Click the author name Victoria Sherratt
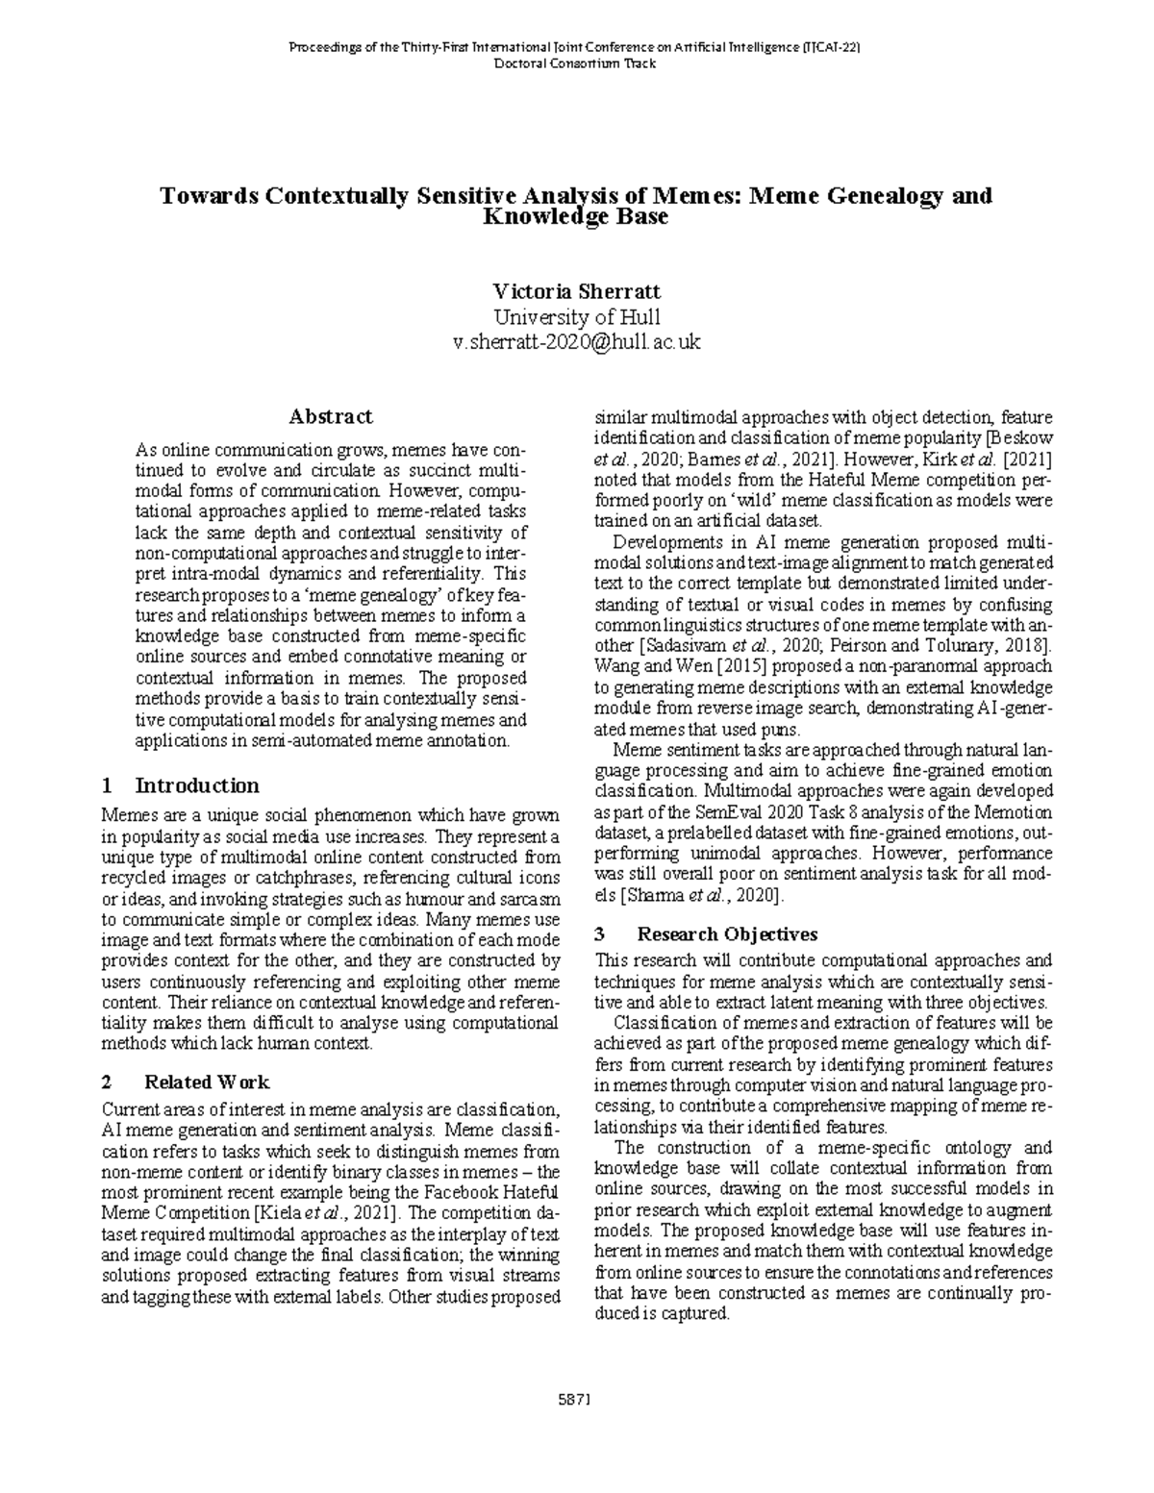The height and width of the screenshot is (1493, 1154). pyautogui.click(x=576, y=291)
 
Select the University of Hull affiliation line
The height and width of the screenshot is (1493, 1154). pyautogui.click(x=576, y=317)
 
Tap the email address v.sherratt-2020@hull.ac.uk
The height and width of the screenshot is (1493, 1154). pyautogui.click(x=576, y=342)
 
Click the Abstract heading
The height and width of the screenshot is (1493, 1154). pyautogui.click(x=331, y=416)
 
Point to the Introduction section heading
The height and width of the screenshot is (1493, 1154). pyautogui.click(x=197, y=785)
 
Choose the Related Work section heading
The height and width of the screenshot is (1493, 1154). pyautogui.click(x=207, y=1082)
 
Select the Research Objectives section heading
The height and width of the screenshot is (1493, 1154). pyautogui.click(x=727, y=933)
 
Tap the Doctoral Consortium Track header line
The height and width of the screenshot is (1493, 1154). pyautogui.click(x=576, y=63)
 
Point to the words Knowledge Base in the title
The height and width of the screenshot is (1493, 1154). pyautogui.click(x=576, y=217)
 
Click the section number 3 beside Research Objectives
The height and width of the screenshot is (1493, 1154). pyautogui.click(x=600, y=933)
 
